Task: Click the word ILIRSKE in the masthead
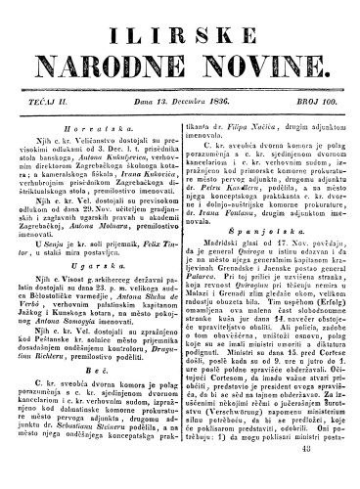179,22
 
